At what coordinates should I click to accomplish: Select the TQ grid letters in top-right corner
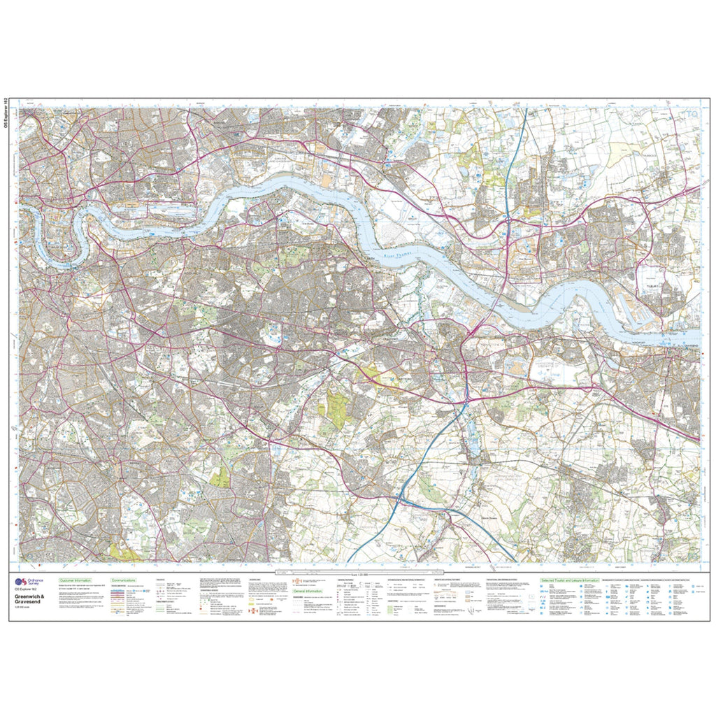691,114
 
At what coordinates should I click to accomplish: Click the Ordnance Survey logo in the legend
21,582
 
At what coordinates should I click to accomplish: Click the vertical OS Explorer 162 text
6,115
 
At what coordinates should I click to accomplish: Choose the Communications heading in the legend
128,580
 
